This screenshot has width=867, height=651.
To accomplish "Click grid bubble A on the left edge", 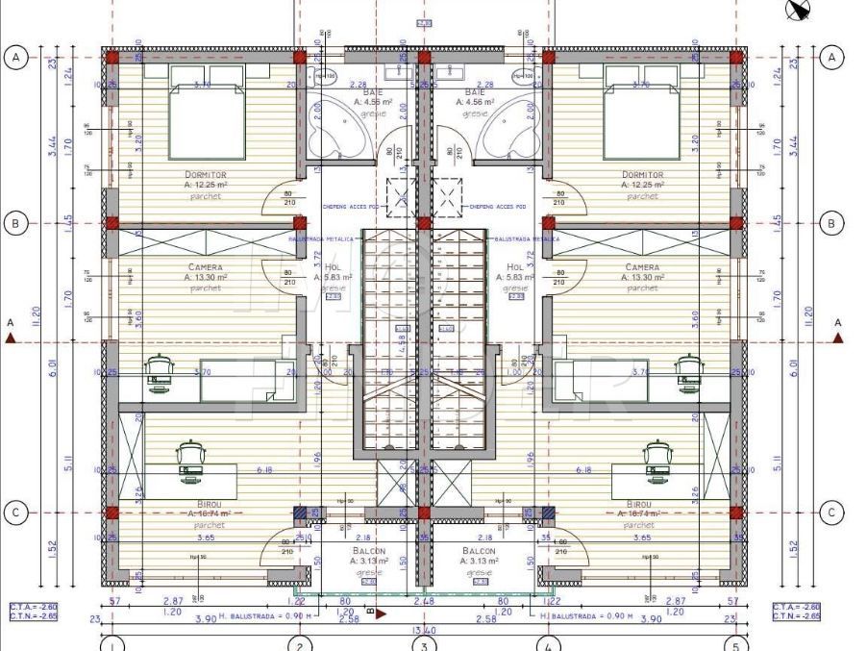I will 15,58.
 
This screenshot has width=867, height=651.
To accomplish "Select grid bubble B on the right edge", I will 831,224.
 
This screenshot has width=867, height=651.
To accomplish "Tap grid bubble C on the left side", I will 15,513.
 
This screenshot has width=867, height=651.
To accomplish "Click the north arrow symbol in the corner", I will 798,10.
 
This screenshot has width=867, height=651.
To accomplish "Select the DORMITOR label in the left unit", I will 198,175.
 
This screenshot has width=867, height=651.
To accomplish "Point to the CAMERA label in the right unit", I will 642,267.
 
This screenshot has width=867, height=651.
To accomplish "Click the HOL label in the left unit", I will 334,267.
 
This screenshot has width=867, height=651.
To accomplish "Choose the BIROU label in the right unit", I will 639,504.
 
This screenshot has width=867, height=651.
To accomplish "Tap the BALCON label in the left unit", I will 368,551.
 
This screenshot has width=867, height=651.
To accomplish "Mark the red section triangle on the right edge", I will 837,338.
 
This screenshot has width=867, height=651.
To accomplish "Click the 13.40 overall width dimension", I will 424,631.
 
